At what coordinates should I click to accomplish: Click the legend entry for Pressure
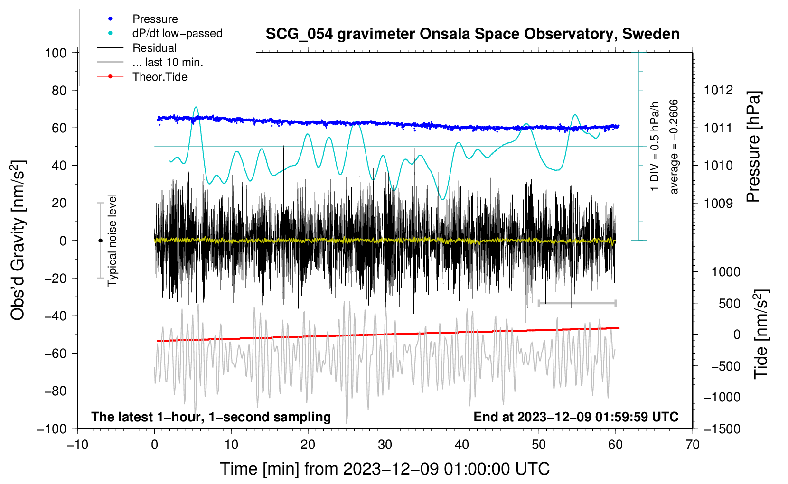point(155,19)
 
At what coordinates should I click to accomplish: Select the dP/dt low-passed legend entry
point(177,33)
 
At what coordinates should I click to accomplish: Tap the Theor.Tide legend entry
point(159,77)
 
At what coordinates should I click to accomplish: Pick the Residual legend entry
point(154,48)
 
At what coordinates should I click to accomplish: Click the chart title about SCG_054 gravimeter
point(472,34)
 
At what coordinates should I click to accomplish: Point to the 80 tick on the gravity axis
point(59,90)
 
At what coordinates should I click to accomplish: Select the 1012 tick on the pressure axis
point(718,90)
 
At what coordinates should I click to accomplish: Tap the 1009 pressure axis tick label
point(718,203)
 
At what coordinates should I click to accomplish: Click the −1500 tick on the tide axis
point(722,428)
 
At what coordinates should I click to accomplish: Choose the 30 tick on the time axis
point(385,445)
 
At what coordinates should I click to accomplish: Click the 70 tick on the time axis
point(693,445)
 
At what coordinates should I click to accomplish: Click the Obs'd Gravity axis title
point(18,240)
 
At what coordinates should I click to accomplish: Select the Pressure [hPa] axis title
point(754,147)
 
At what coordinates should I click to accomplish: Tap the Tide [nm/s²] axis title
point(761,334)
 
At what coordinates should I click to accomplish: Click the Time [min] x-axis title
point(385,469)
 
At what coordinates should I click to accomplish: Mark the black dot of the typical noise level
point(100,241)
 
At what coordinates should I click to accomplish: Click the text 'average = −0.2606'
point(674,147)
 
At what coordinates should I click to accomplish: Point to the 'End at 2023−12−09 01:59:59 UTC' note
point(576,417)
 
